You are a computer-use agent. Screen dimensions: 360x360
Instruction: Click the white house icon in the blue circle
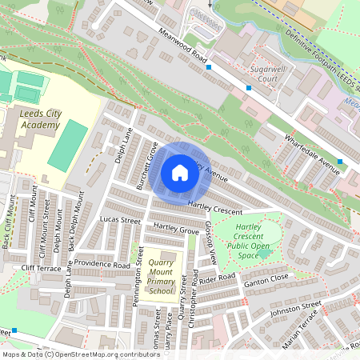180,173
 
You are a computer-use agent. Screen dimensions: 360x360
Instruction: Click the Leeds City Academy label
40,119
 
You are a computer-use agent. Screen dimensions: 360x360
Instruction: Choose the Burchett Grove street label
146,165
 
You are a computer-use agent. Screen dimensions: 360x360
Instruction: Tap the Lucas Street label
120,219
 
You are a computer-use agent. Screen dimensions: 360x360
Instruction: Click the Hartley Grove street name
175,230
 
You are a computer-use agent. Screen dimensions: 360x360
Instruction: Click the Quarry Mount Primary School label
161,276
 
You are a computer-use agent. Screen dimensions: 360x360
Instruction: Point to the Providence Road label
103,265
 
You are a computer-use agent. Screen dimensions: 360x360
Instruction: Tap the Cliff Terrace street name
41,269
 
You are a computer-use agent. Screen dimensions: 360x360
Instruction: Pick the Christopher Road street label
194,308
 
